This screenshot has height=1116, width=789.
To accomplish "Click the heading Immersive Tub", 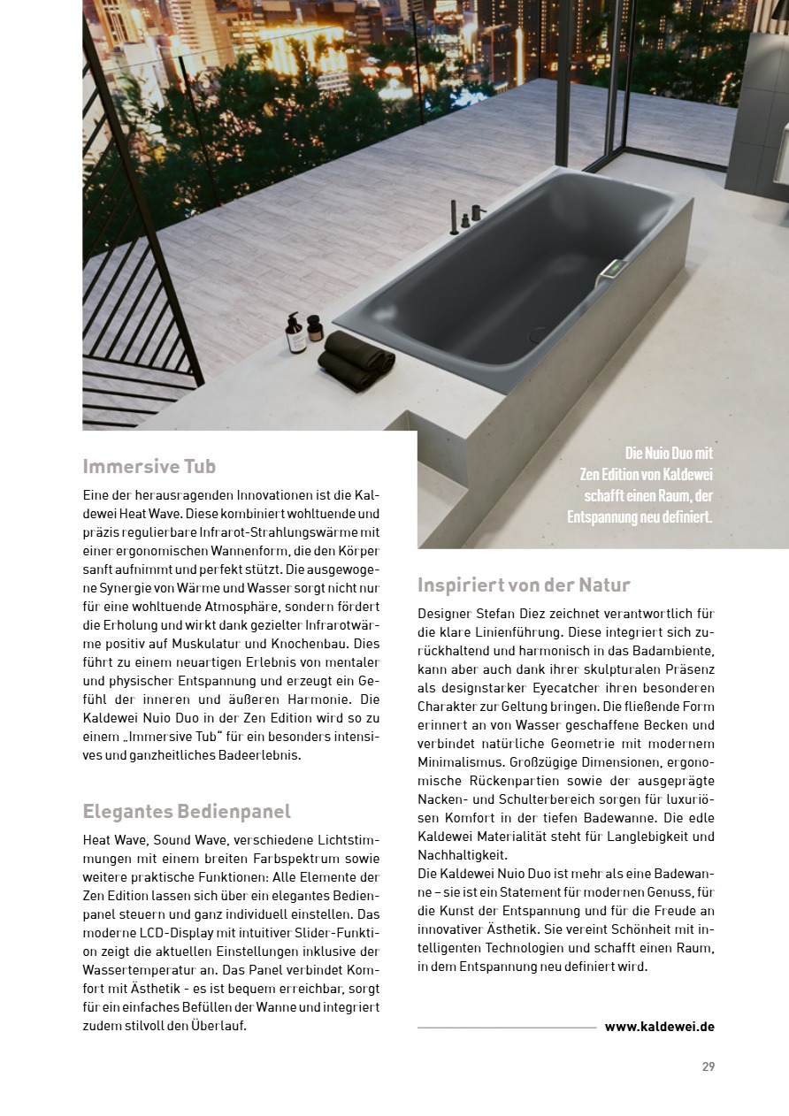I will (x=149, y=466).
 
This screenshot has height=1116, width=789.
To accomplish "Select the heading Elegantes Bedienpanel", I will (x=187, y=811).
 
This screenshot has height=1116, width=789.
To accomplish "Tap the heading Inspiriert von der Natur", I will (x=524, y=585).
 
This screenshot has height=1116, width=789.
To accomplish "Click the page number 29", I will (x=708, y=1066).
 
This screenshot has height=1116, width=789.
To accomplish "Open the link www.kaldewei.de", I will (x=659, y=1027).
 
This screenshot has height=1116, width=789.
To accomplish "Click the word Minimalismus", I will (x=460, y=762).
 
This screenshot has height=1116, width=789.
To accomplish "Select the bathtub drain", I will (x=539, y=336).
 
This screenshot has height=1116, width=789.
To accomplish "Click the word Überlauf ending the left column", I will (x=218, y=1026).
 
